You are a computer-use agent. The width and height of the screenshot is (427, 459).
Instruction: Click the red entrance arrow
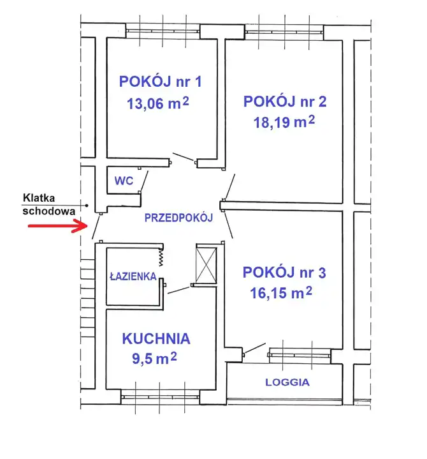[x=58, y=226]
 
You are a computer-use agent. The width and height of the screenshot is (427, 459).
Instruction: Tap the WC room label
[x=124, y=181]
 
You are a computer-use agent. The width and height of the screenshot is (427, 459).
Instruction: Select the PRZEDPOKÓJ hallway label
[x=178, y=218]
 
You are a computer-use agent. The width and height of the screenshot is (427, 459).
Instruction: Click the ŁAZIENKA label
[x=133, y=276]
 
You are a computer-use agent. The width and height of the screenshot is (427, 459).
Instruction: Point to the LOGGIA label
[x=287, y=382]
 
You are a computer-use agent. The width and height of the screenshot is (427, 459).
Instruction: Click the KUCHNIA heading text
[x=156, y=339]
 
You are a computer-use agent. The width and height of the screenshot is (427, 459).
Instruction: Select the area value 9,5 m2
[x=154, y=358]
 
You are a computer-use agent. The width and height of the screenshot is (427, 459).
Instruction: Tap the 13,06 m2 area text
[x=158, y=103]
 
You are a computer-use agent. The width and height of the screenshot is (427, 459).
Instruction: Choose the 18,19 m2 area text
[x=284, y=122]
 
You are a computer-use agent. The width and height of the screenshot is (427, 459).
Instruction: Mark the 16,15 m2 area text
[x=281, y=292]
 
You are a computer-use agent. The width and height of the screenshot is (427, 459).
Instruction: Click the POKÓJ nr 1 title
[x=161, y=81]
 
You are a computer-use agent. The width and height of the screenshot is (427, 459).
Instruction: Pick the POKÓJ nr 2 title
[x=285, y=102]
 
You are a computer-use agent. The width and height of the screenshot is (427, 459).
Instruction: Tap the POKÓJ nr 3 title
[x=284, y=272]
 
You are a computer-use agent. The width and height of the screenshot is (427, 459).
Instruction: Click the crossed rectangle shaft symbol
[x=206, y=265]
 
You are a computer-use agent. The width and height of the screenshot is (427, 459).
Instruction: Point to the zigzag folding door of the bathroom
[x=161, y=257]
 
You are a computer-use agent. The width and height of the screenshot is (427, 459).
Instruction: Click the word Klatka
[x=39, y=198]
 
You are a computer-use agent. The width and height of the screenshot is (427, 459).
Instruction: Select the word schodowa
[x=49, y=211]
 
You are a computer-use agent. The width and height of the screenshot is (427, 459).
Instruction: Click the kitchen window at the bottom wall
[x=160, y=397]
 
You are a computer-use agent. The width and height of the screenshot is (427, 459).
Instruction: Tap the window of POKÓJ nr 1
[x=163, y=31]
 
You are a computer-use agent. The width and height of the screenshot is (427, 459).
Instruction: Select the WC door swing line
[x=144, y=181]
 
